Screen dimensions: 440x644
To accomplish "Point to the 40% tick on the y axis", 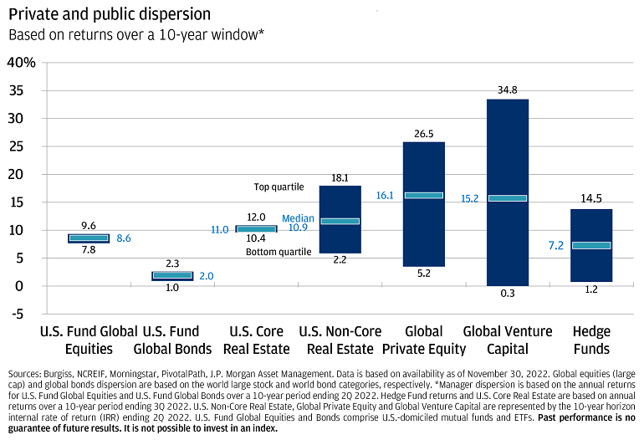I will pos(21,63).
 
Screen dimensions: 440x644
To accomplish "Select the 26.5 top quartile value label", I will pos(424,133).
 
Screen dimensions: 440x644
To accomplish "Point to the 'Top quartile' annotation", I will pos(279,187).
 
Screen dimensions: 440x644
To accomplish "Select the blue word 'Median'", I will pos(298,217).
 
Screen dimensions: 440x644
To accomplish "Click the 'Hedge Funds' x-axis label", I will pos(591,340).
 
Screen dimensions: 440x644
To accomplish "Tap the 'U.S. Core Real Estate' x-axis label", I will pos(257,340).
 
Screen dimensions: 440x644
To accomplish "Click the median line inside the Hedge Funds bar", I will pos(591,245).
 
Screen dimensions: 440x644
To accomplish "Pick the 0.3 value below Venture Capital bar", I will pos(508,294).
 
